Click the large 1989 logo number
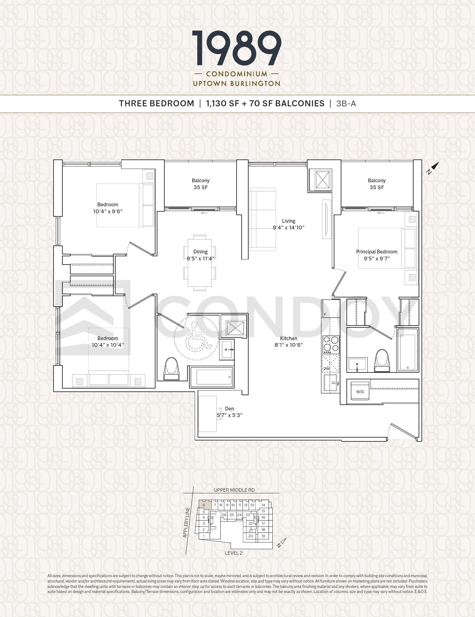(x=237, y=48)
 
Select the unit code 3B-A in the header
(x=346, y=104)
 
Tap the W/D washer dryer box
(x=360, y=391)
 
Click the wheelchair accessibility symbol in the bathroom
(x=196, y=338)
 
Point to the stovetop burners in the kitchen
(x=331, y=345)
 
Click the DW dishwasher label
(x=326, y=369)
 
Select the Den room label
(x=229, y=408)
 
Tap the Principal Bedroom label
(x=377, y=252)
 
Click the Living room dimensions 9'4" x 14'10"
(x=288, y=227)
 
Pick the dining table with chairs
(x=199, y=263)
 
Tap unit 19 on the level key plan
(x=263, y=536)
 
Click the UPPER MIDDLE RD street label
(x=234, y=490)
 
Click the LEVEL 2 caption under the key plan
(x=234, y=553)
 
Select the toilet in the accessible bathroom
(x=171, y=369)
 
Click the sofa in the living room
(x=263, y=219)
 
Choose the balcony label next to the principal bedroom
(x=377, y=184)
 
